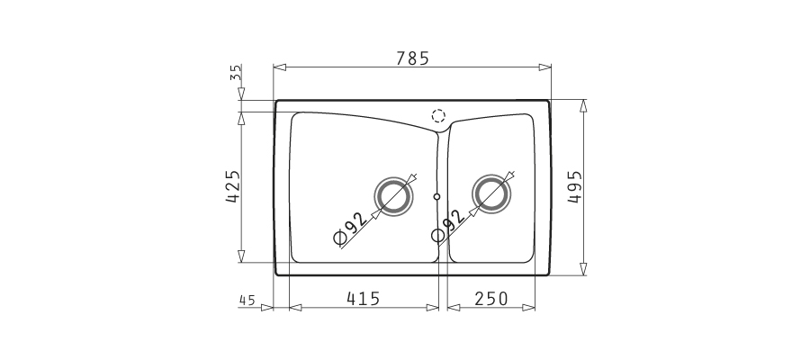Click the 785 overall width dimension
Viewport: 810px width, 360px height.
(x=412, y=58)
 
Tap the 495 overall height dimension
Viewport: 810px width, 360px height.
(x=574, y=186)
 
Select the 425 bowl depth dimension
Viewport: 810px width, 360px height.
(x=233, y=186)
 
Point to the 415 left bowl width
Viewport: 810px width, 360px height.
(x=364, y=299)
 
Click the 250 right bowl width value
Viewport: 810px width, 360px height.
(x=491, y=299)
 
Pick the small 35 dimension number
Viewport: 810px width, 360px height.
(x=235, y=73)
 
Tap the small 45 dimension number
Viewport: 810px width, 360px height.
(x=247, y=300)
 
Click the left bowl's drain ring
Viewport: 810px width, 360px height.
(x=393, y=196)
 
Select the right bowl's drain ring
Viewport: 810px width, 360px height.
(x=491, y=194)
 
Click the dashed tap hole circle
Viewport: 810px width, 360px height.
(x=438, y=116)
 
